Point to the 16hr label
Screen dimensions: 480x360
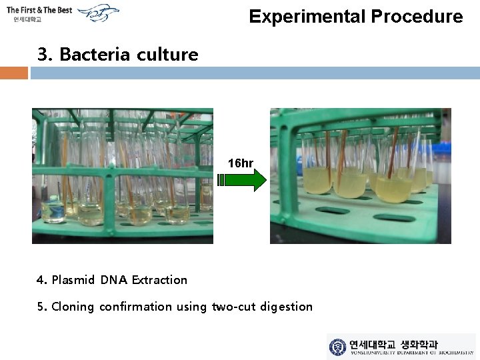click(240, 163)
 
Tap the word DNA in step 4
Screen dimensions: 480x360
click(114, 280)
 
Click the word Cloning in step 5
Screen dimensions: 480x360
click(73, 307)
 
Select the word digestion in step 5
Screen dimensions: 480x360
click(287, 307)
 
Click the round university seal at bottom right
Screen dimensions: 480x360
click(338, 347)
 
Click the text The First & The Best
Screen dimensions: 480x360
click(39, 10)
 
